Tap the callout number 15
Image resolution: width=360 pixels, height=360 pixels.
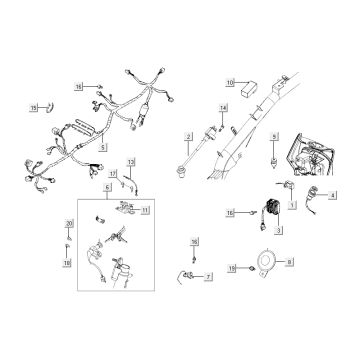(x=33, y=106)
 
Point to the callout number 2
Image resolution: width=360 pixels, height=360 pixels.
(x=187, y=135)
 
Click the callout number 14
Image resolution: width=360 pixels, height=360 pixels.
(x=223, y=107)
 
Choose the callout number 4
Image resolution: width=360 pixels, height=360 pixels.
(x=335, y=196)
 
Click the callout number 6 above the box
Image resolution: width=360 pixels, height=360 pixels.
(x=107, y=189)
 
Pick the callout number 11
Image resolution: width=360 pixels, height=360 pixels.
(x=145, y=211)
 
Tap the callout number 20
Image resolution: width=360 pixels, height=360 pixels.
(x=69, y=224)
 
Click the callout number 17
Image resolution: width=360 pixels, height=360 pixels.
(x=113, y=173)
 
